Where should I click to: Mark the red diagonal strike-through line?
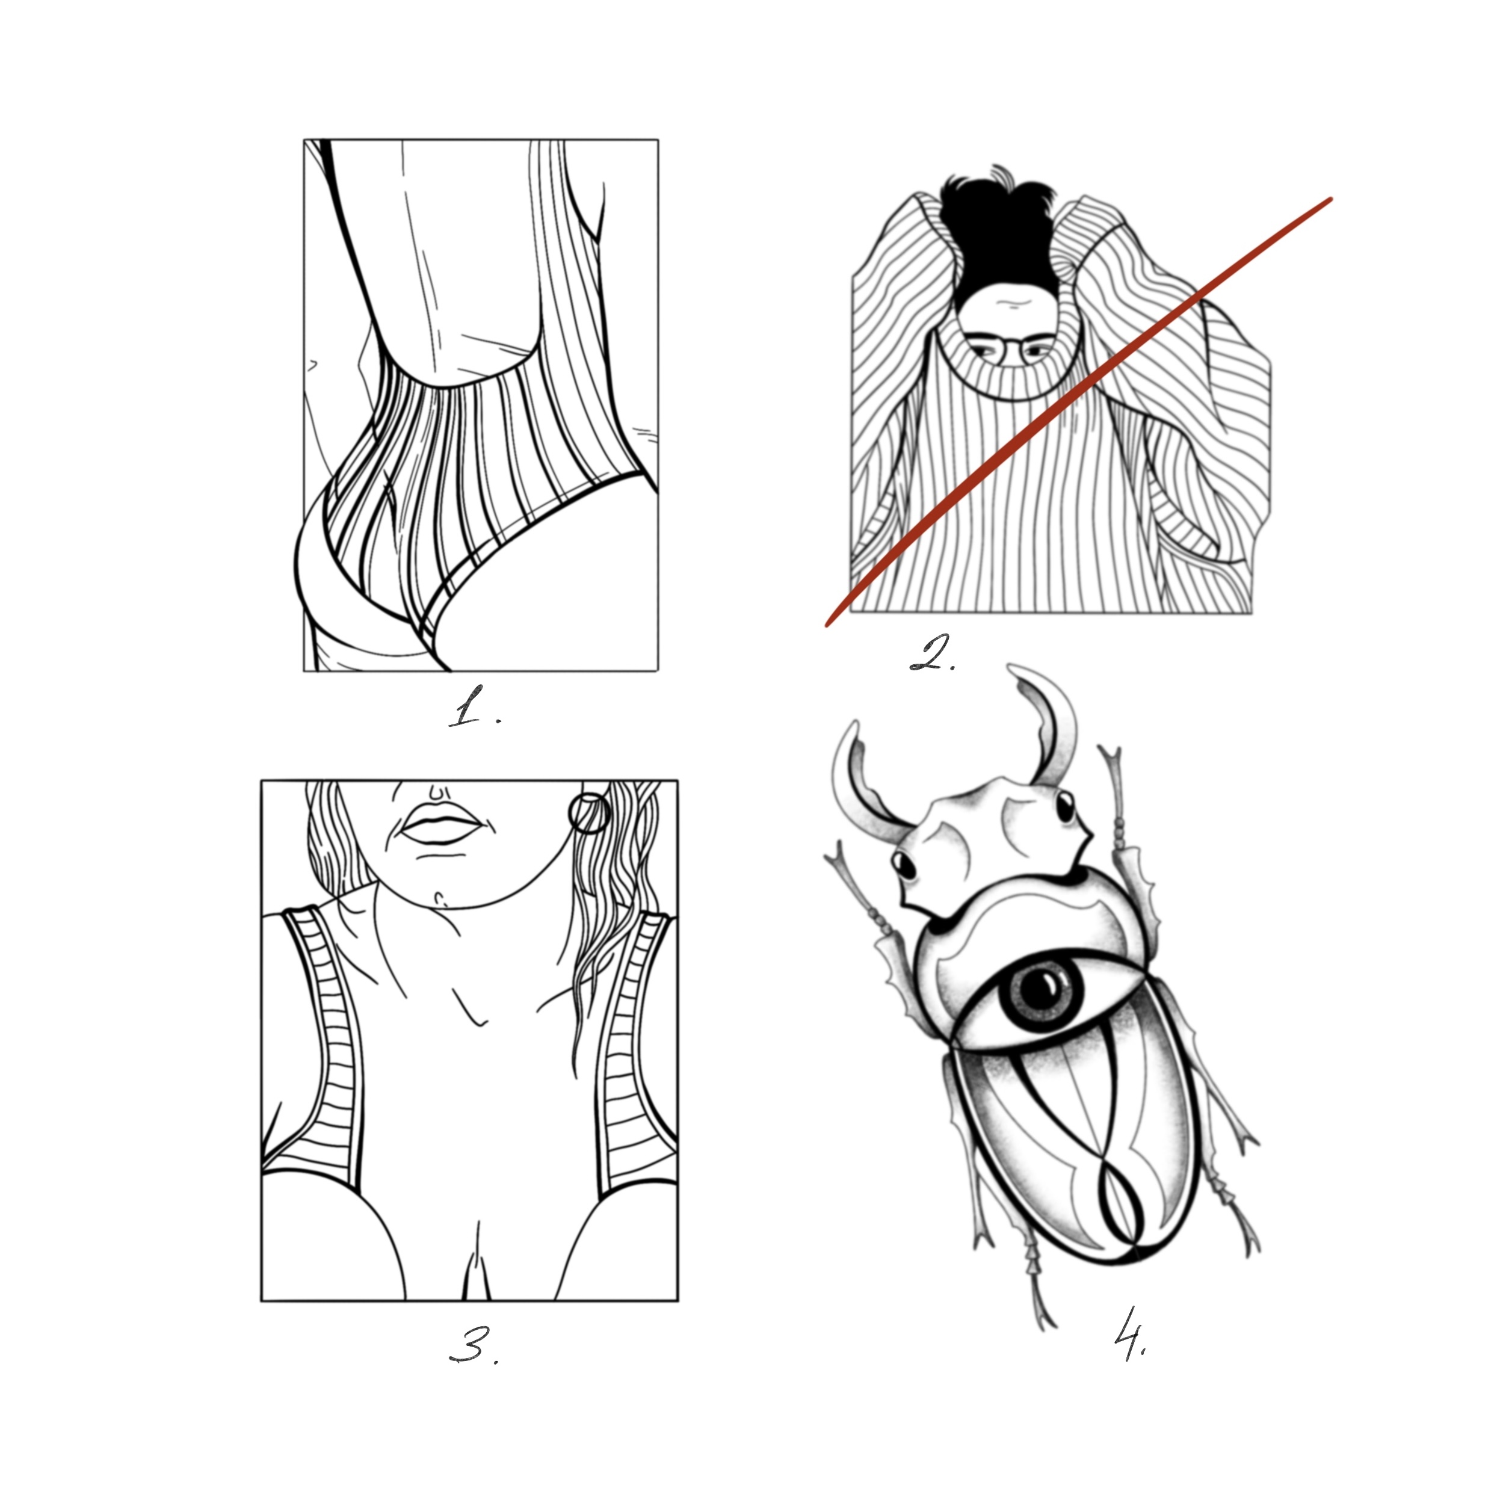coord(1078,412)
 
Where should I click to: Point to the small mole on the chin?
coord(442,898)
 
